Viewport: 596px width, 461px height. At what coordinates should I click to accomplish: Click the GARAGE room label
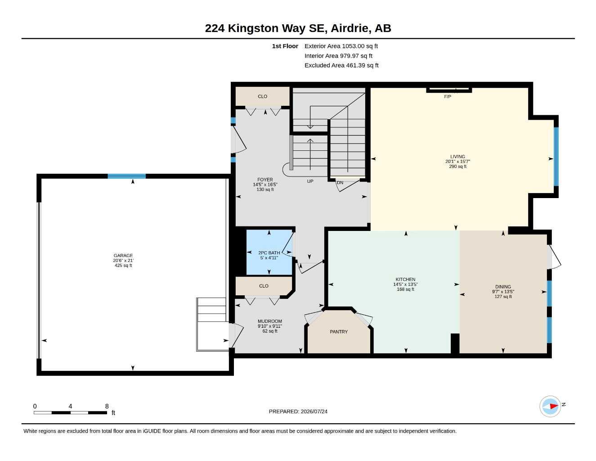click(123, 255)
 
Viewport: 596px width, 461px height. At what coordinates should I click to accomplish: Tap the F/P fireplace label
click(448, 97)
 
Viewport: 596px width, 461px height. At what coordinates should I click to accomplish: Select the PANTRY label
click(339, 332)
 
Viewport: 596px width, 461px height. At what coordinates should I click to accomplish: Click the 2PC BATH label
click(269, 253)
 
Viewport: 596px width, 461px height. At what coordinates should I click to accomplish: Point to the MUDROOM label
click(269, 321)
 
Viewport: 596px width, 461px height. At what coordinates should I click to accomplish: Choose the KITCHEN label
click(405, 279)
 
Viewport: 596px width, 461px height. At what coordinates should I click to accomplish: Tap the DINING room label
click(503, 287)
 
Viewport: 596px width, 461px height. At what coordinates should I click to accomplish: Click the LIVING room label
click(457, 157)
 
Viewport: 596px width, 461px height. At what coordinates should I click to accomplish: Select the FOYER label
click(265, 180)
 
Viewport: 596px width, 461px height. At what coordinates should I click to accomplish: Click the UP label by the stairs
click(310, 181)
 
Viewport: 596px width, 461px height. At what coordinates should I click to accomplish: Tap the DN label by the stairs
click(340, 182)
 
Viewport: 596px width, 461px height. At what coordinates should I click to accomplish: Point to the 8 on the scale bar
click(107, 406)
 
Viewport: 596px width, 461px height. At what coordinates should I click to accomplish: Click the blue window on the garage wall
click(126, 176)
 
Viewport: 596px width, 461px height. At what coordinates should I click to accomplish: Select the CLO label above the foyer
click(263, 96)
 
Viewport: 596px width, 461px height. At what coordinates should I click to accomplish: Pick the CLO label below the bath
click(264, 286)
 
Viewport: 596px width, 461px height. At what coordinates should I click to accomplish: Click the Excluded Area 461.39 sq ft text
click(341, 65)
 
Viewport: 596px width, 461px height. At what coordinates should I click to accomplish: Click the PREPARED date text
click(298, 411)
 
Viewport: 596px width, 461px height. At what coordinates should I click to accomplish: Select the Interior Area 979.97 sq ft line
click(338, 56)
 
